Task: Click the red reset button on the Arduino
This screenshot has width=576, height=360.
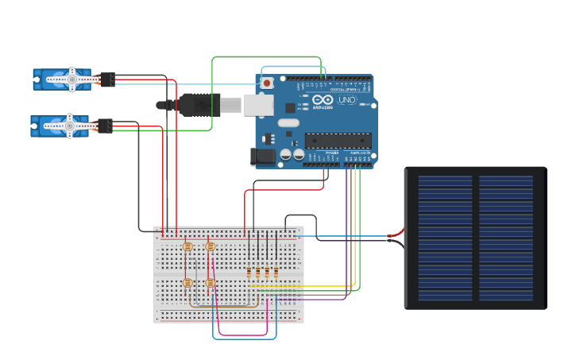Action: click(267, 83)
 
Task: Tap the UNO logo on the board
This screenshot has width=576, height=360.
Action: click(347, 100)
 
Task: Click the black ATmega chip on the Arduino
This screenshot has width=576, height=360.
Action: click(338, 141)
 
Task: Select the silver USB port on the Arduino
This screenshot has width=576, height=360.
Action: click(258, 105)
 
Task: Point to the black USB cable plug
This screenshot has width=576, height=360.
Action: click(199, 105)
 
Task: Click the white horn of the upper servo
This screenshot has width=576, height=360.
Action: click(72, 79)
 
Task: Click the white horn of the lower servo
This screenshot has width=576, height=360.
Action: click(69, 126)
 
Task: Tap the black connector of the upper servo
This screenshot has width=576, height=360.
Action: click(107, 79)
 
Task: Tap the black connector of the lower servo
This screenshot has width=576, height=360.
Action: click(105, 126)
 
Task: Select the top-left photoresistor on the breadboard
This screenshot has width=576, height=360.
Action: click(187, 247)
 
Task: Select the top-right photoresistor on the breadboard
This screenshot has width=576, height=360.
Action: click(210, 247)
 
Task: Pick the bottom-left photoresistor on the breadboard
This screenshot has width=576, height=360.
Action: click(187, 283)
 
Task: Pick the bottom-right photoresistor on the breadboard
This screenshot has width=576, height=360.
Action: click(210, 283)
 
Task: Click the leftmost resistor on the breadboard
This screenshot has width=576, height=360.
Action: click(249, 273)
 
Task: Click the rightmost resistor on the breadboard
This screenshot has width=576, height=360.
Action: click(276, 273)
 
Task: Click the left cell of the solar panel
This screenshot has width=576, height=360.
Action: click(446, 238)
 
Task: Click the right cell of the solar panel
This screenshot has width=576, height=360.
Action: click(505, 238)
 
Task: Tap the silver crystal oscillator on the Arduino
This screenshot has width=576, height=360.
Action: click(288, 122)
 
